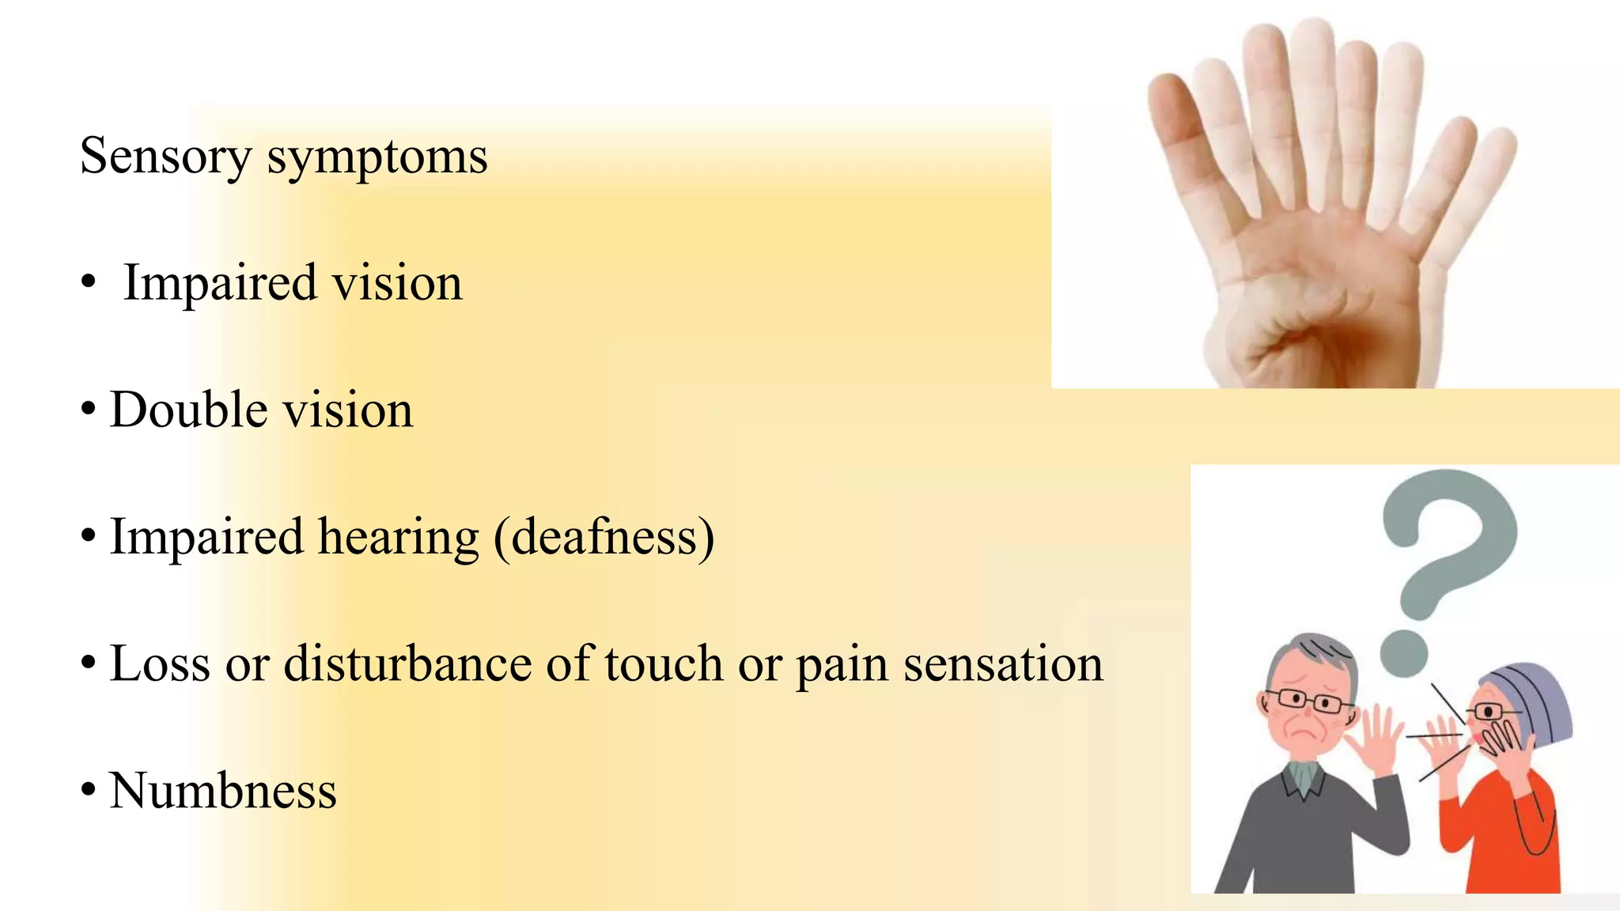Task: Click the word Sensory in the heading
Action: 165,157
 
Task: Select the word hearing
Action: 398,537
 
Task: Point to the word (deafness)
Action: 604,538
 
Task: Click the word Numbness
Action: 223,791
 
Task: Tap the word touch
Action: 664,663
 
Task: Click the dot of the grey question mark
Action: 1404,654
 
